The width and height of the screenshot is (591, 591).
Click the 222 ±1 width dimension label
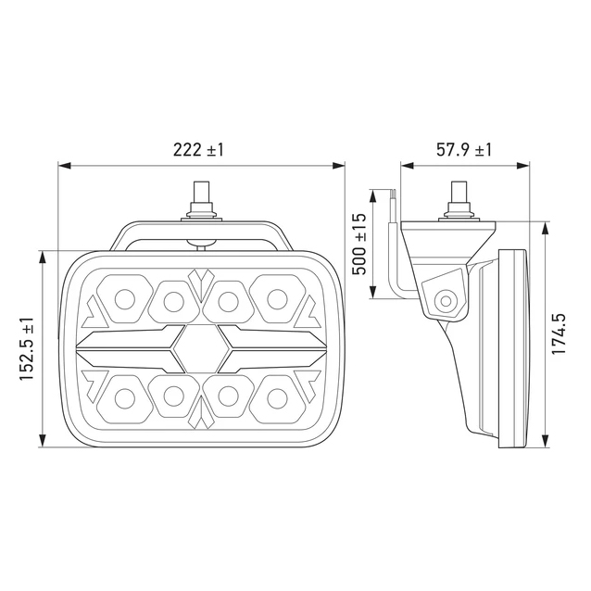[x=198, y=150]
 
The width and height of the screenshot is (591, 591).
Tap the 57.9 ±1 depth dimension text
[x=464, y=150]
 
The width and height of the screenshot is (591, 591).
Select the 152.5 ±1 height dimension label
[x=27, y=348]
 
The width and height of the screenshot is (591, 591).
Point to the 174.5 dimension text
[x=559, y=334]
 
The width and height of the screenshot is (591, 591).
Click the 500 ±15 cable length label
[x=358, y=244]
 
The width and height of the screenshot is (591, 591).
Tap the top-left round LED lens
[x=125, y=299]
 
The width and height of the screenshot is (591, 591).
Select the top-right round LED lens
[x=277, y=299]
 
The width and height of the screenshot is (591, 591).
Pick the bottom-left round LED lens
[x=125, y=398]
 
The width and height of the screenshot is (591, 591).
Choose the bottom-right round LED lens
[x=277, y=398]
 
